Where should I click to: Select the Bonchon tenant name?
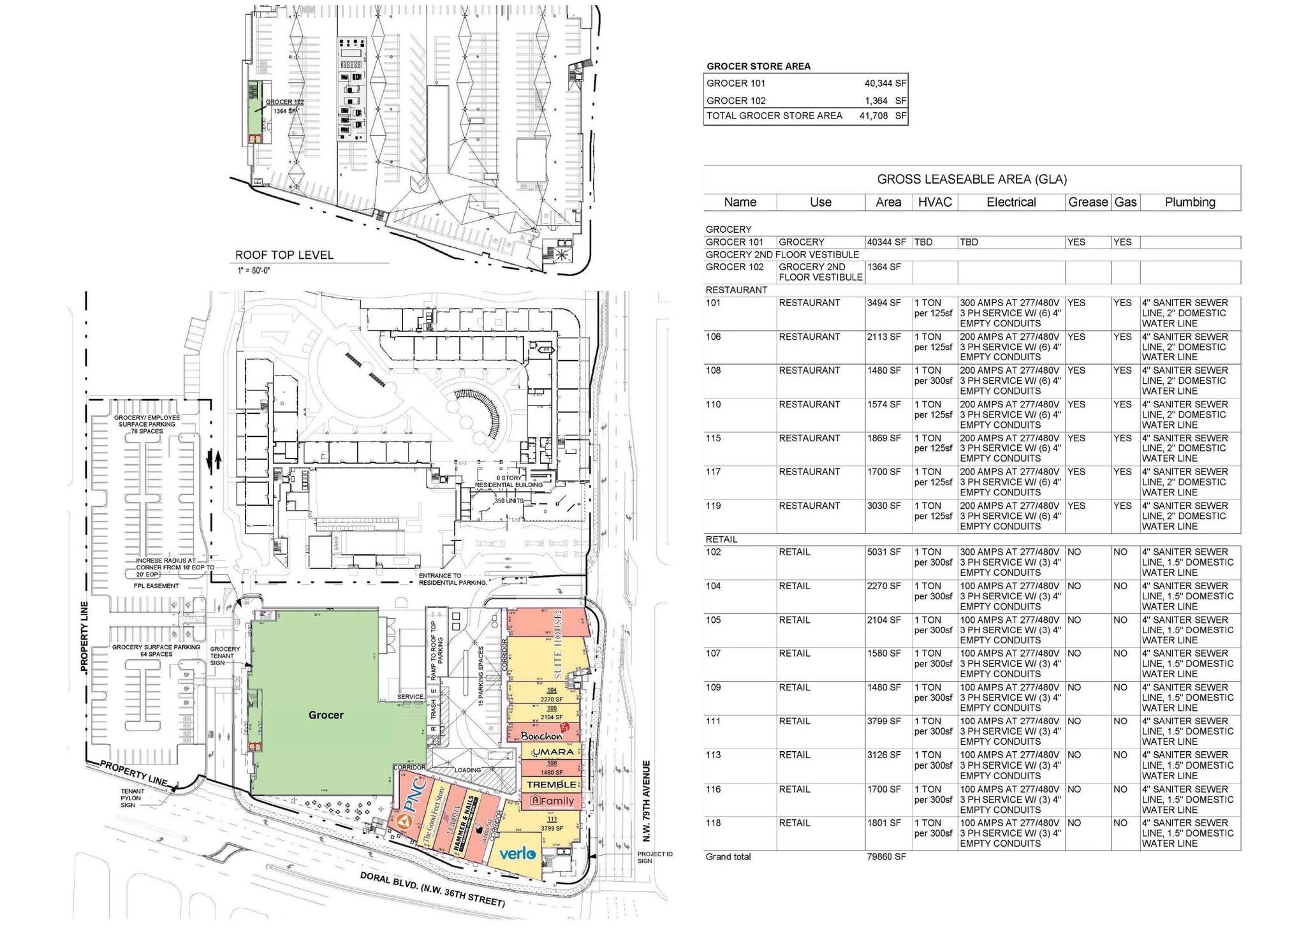(x=542, y=735)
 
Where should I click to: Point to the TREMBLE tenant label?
(x=552, y=784)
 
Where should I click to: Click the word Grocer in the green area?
(x=326, y=715)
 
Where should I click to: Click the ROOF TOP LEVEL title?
(x=284, y=255)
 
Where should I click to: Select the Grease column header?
(x=1088, y=202)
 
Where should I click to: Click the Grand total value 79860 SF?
(x=886, y=857)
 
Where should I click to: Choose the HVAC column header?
(x=935, y=202)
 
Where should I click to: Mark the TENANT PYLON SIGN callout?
(x=133, y=798)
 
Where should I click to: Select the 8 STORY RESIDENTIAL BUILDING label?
(x=509, y=481)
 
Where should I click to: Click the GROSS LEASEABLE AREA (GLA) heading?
(x=972, y=179)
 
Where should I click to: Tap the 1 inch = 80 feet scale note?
(x=253, y=270)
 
